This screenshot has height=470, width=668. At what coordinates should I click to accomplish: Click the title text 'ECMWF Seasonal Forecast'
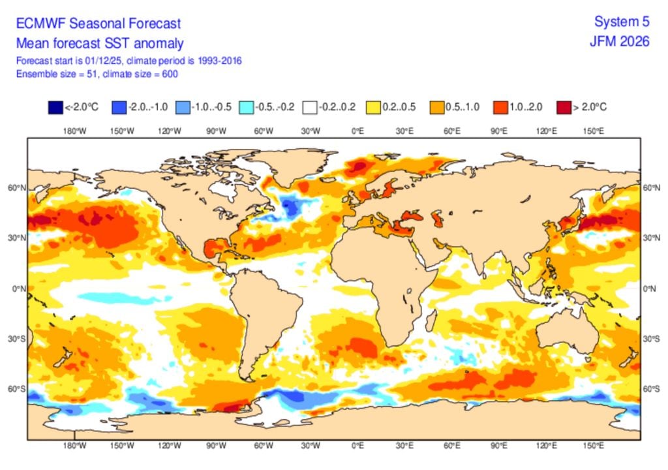(x=98, y=24)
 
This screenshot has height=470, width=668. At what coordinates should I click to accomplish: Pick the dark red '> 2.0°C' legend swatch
(x=562, y=107)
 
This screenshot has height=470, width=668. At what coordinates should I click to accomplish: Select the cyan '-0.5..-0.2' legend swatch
(x=246, y=107)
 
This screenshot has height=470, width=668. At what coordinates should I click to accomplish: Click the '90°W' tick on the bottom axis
(x=216, y=446)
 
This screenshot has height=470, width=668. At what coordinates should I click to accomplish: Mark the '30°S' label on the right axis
(x=650, y=339)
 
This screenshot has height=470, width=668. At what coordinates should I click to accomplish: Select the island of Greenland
(x=287, y=163)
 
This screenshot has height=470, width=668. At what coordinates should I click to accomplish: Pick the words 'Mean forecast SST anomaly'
(x=99, y=44)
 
